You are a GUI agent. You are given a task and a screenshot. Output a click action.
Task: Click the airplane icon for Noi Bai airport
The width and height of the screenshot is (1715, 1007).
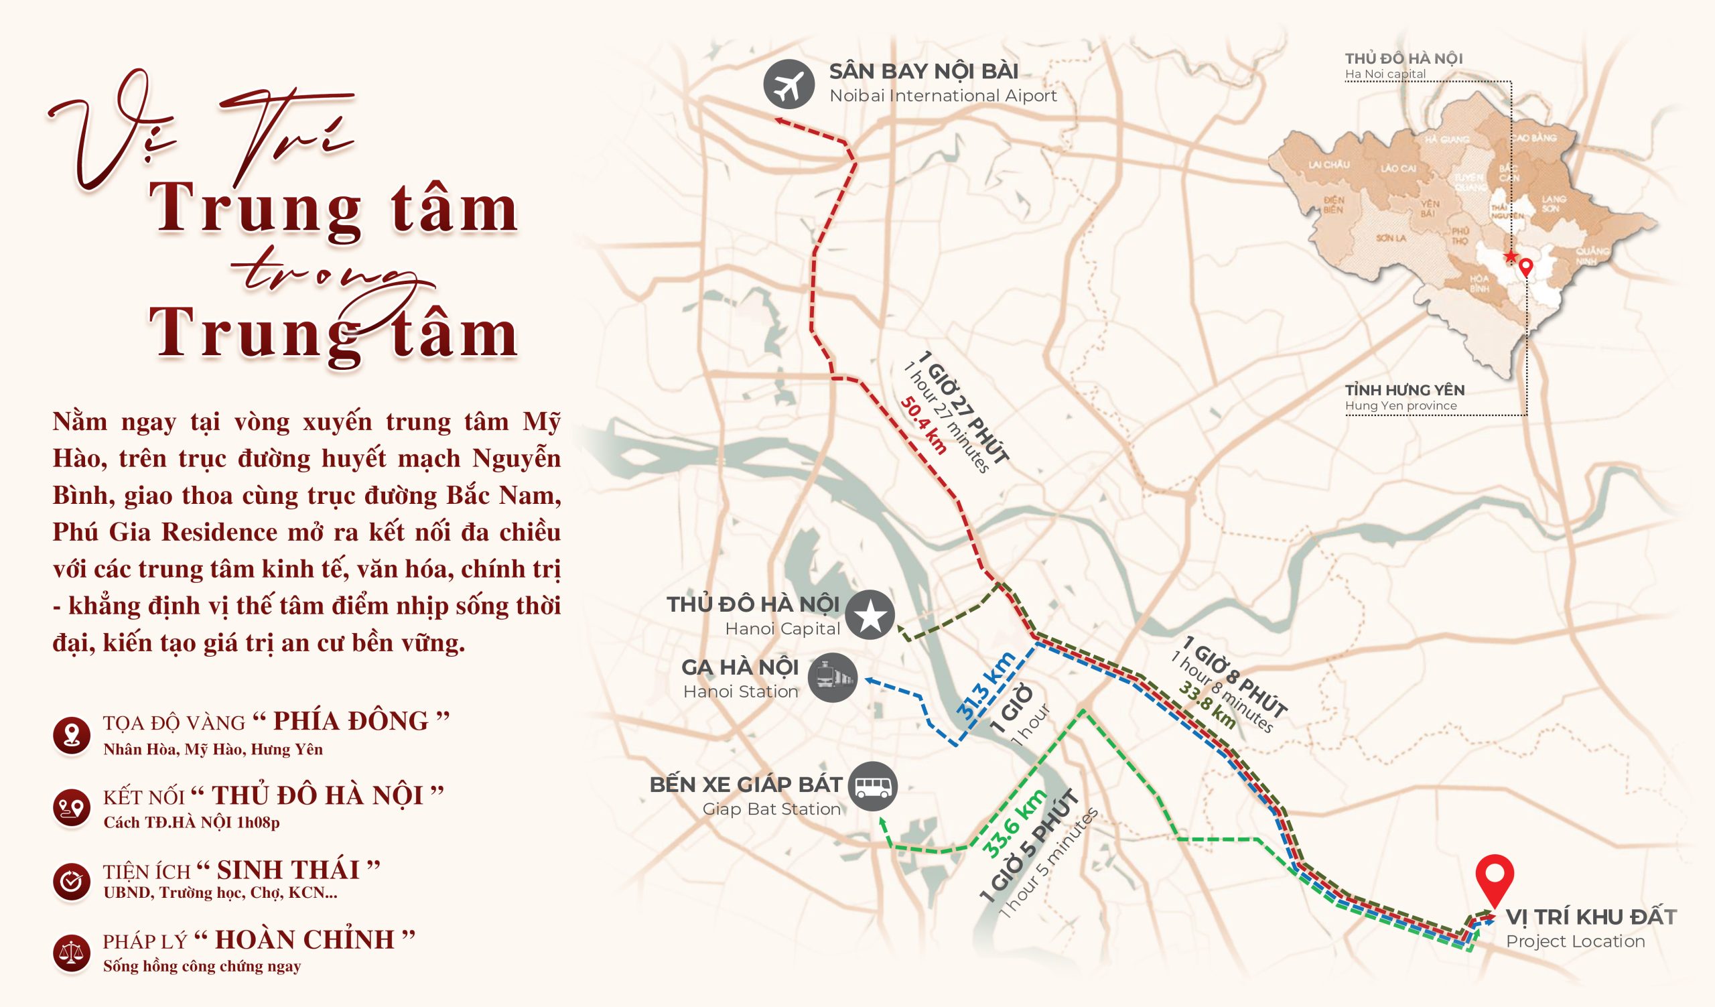(788, 85)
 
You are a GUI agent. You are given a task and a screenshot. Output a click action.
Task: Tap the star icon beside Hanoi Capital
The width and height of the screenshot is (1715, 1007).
(870, 615)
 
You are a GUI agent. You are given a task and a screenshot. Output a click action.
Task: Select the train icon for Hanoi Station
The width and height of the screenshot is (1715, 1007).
(832, 677)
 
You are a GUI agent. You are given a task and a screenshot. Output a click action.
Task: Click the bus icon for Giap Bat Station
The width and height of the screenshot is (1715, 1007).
(872, 787)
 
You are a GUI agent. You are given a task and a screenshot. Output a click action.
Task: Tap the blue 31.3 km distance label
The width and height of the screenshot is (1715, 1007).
(986, 686)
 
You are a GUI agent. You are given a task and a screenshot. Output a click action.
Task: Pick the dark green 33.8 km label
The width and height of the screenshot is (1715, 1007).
(1207, 706)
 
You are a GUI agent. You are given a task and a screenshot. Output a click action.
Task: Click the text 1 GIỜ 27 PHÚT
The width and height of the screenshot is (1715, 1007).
(962, 407)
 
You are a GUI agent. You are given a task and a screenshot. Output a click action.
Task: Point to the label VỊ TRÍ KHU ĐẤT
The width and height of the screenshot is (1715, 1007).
(1590, 917)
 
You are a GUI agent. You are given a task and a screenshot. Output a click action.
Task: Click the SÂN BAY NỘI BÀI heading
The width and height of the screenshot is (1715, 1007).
(923, 72)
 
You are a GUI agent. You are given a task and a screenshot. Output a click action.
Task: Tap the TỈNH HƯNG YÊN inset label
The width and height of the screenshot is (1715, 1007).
(1405, 390)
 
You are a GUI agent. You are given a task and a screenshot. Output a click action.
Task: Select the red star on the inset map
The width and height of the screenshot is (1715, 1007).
(1510, 257)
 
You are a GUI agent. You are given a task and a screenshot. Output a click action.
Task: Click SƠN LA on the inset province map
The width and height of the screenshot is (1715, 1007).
(1390, 238)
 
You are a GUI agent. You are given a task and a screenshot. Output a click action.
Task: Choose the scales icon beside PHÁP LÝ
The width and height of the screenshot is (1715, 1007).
(72, 952)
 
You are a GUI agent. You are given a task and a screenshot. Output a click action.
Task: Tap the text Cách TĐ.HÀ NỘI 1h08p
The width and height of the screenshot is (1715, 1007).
(191, 822)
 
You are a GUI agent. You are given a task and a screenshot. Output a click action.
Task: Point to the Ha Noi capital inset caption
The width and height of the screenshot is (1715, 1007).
(1385, 74)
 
